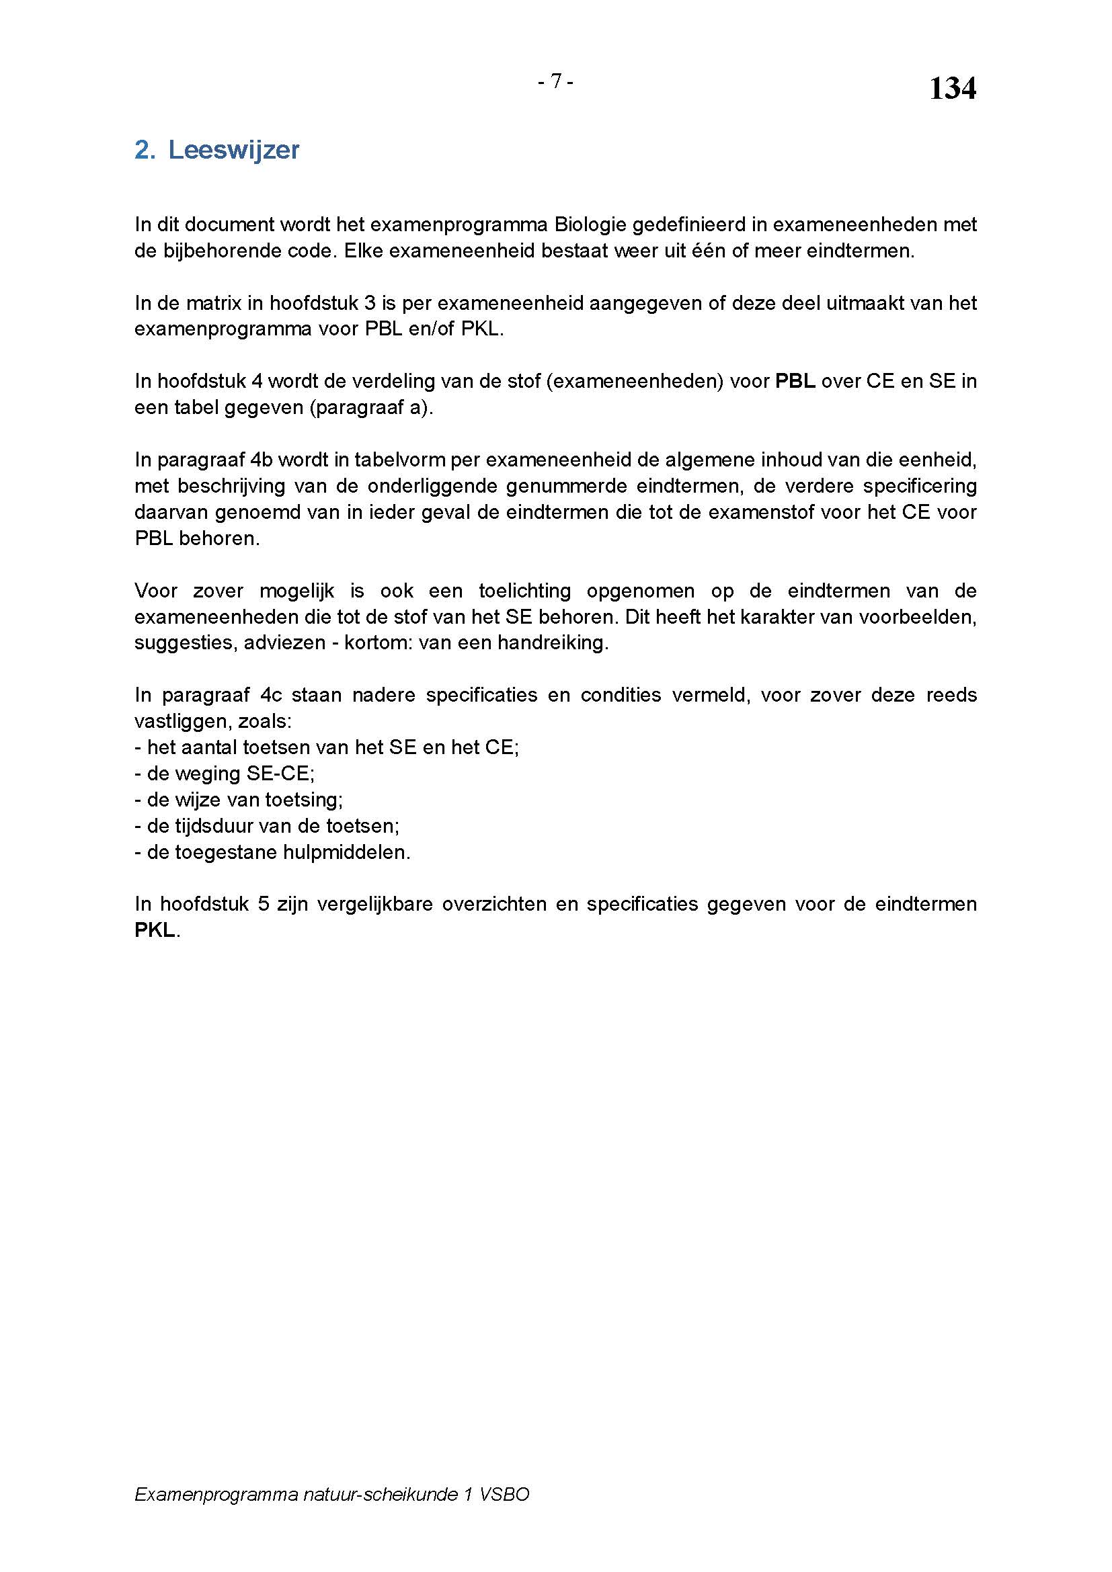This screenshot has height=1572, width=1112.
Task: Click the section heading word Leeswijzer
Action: [233, 150]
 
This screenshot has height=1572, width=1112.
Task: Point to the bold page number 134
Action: [952, 88]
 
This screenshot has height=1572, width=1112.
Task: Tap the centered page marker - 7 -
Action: [555, 81]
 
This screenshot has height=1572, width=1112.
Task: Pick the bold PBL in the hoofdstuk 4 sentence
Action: [794, 381]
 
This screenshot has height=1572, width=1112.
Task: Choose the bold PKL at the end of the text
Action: [155, 930]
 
